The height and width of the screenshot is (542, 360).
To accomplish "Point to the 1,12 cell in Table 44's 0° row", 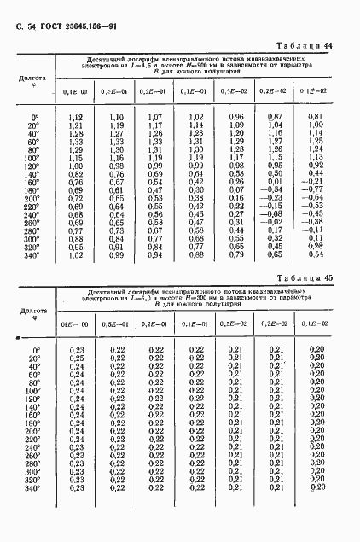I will point(74,116).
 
